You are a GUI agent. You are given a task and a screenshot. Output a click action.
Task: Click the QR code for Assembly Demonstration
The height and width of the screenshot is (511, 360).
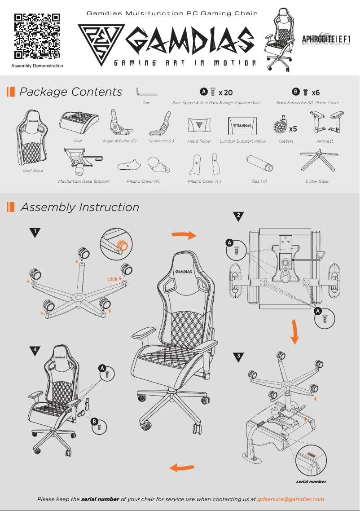[37, 36]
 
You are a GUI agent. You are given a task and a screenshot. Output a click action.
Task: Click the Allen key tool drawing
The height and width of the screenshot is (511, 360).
[146, 92]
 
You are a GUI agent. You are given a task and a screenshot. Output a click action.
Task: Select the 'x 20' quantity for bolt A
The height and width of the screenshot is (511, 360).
[225, 93]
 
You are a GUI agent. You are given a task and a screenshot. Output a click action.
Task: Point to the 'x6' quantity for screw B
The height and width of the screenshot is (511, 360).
[316, 93]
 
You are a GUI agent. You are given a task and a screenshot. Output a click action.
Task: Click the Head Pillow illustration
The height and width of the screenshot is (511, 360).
[199, 125]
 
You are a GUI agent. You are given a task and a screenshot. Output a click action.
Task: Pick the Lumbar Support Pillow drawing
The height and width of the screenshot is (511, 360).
[243, 126]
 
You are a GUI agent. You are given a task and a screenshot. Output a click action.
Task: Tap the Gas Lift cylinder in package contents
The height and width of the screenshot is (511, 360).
[259, 163]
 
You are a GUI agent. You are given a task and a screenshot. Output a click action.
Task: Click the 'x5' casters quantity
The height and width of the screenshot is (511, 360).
[293, 129]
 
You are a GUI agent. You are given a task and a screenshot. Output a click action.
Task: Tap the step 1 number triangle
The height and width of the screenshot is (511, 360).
[35, 232]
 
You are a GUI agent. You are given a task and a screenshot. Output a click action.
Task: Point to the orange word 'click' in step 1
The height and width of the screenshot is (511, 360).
[112, 279]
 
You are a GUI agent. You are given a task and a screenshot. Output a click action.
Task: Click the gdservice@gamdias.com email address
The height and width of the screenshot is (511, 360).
[290, 499]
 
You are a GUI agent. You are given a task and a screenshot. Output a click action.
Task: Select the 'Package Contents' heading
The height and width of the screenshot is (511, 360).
[70, 92]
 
